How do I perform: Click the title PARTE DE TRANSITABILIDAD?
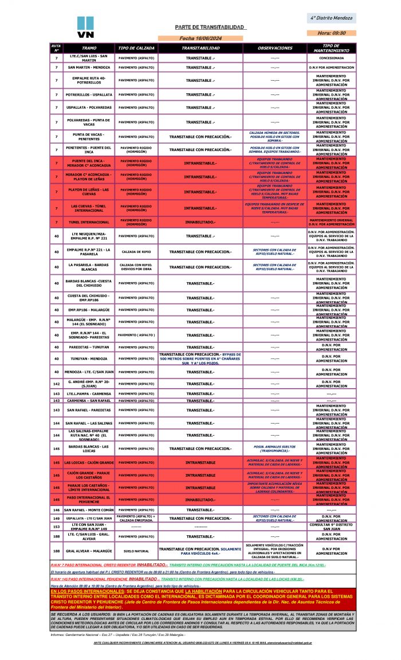tap(210, 27)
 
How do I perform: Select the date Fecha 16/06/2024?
tap(200, 38)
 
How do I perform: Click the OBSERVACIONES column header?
tap(275, 49)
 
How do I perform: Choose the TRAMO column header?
tap(89, 49)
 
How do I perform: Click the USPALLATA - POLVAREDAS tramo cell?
tap(89, 108)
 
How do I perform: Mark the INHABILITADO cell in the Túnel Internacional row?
tap(200, 222)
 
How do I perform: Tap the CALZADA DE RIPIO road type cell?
tap(136, 252)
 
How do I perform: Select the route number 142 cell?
tap(56, 384)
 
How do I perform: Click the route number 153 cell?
tap(56, 526)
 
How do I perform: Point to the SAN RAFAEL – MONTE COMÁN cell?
tap(89, 509)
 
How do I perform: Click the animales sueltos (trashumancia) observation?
tap(275, 449)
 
